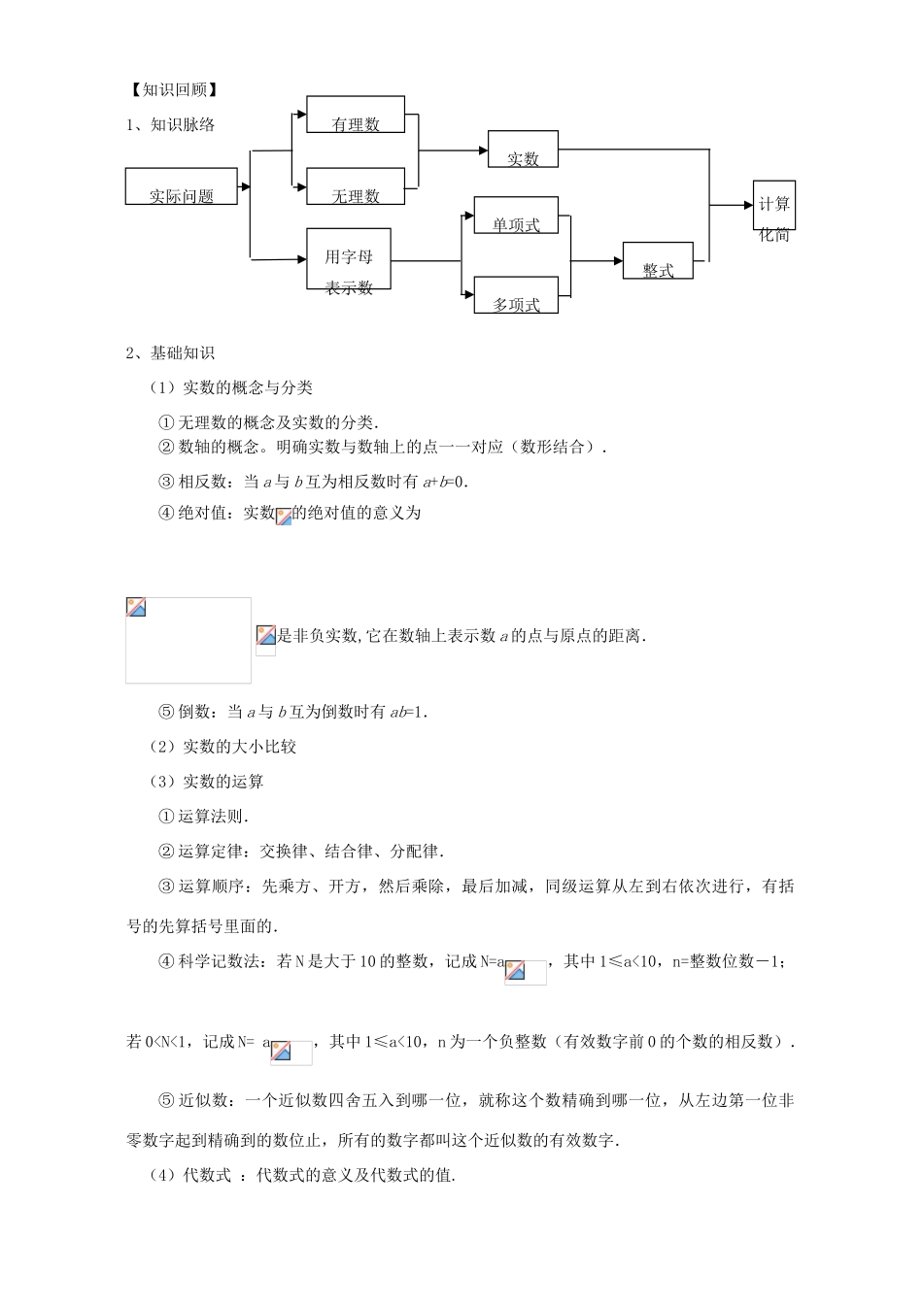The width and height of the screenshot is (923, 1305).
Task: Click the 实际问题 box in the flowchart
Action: coord(182,186)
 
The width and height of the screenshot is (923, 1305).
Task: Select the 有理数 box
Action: coord(356,115)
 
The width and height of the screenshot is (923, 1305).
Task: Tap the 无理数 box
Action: coord(356,186)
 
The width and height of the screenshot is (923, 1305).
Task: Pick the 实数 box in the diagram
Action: coord(523,149)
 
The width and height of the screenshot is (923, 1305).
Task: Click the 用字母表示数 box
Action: coord(349,259)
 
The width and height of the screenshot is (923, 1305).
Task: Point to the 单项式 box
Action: coord(516,215)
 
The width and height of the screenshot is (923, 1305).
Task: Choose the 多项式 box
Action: coord(516,295)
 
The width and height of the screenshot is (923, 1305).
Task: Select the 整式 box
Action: coord(658,260)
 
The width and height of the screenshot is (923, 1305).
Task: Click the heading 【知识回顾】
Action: coord(172,90)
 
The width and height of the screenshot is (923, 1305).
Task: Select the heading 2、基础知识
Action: coord(170,352)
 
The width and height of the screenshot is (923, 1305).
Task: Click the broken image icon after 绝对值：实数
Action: coord(284,517)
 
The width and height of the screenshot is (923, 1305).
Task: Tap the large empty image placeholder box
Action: coord(188,640)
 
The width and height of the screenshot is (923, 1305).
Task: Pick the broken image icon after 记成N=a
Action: coord(516,970)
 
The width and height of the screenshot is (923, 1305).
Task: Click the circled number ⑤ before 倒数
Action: coord(166,712)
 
